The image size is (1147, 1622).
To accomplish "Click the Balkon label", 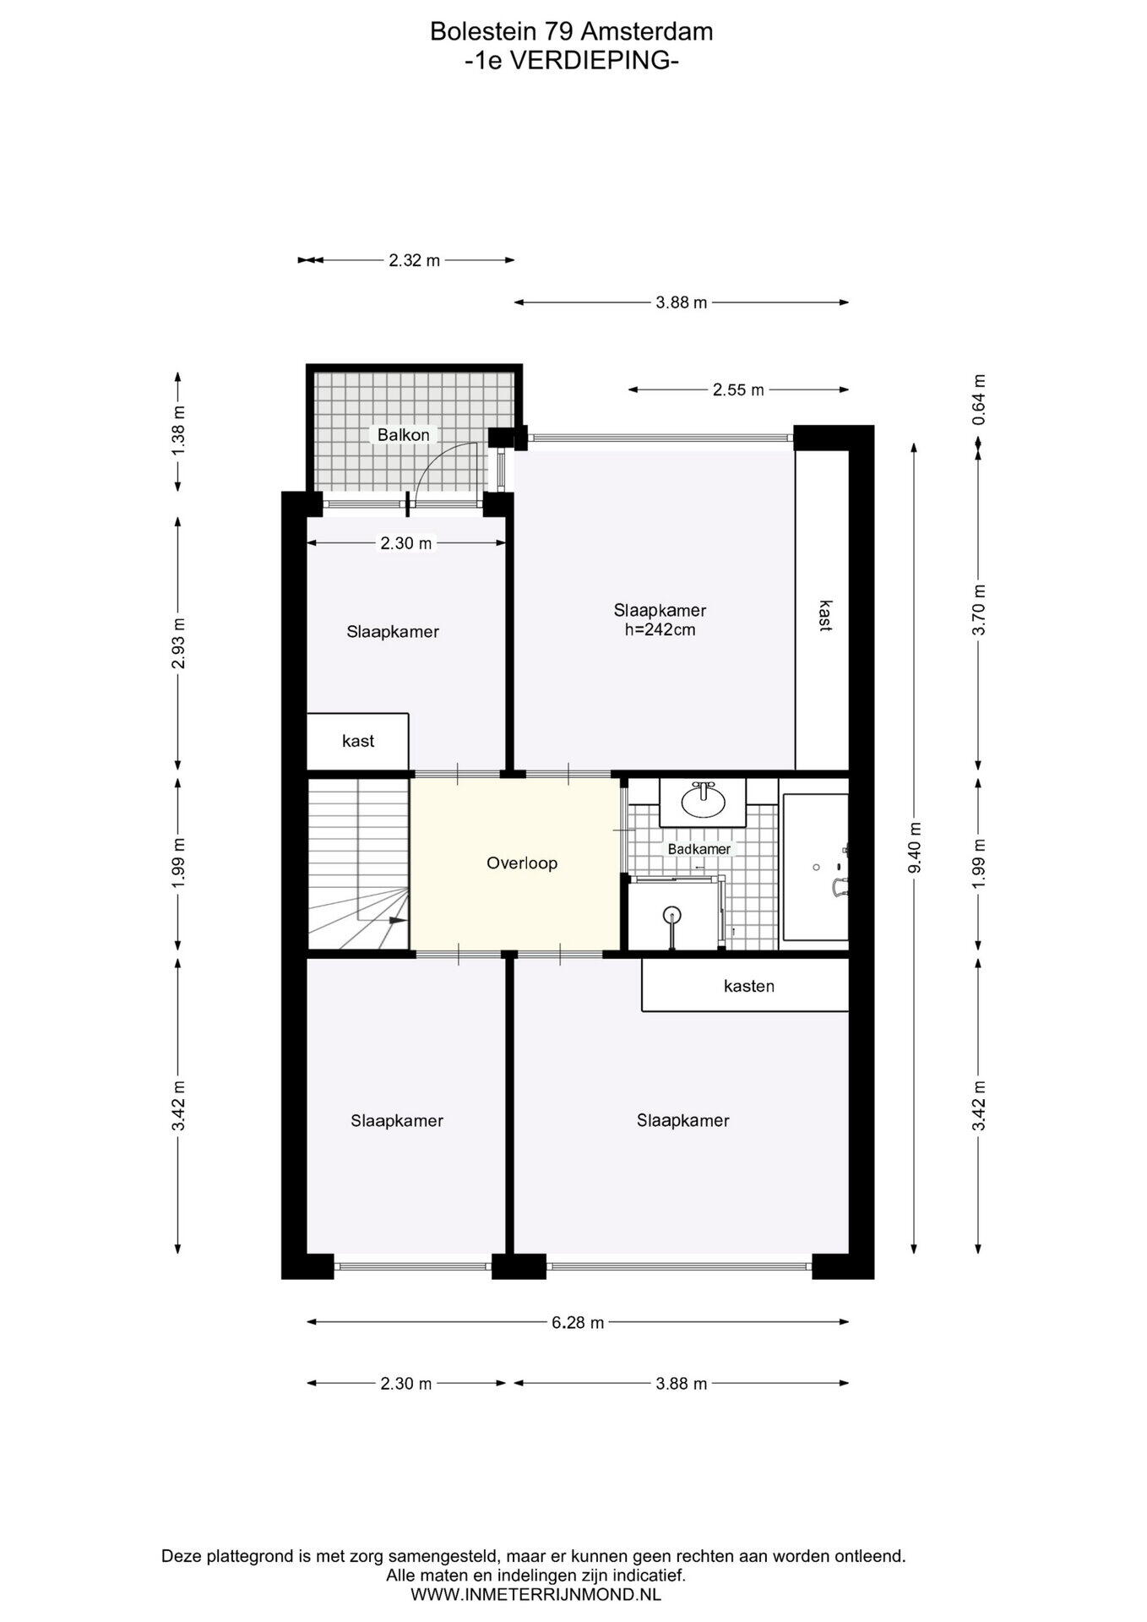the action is (403, 435).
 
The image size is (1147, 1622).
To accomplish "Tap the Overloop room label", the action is (522, 863).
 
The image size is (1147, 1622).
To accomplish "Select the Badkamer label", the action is (699, 849).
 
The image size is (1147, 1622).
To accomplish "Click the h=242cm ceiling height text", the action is (660, 629).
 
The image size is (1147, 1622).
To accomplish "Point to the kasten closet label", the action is (749, 986).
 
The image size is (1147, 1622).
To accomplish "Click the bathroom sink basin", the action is (704, 801).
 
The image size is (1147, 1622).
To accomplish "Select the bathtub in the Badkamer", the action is (815, 867).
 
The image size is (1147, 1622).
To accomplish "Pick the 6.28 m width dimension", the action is (578, 1323).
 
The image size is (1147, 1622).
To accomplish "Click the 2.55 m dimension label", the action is (738, 390).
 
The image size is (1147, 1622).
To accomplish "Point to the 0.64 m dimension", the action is (979, 400).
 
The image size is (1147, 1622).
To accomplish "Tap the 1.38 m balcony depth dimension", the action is (178, 432).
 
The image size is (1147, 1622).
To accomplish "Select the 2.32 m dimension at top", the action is (415, 261).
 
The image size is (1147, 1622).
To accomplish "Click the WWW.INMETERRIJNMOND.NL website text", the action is (535, 1595).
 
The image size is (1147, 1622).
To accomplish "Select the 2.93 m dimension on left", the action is (178, 643).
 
